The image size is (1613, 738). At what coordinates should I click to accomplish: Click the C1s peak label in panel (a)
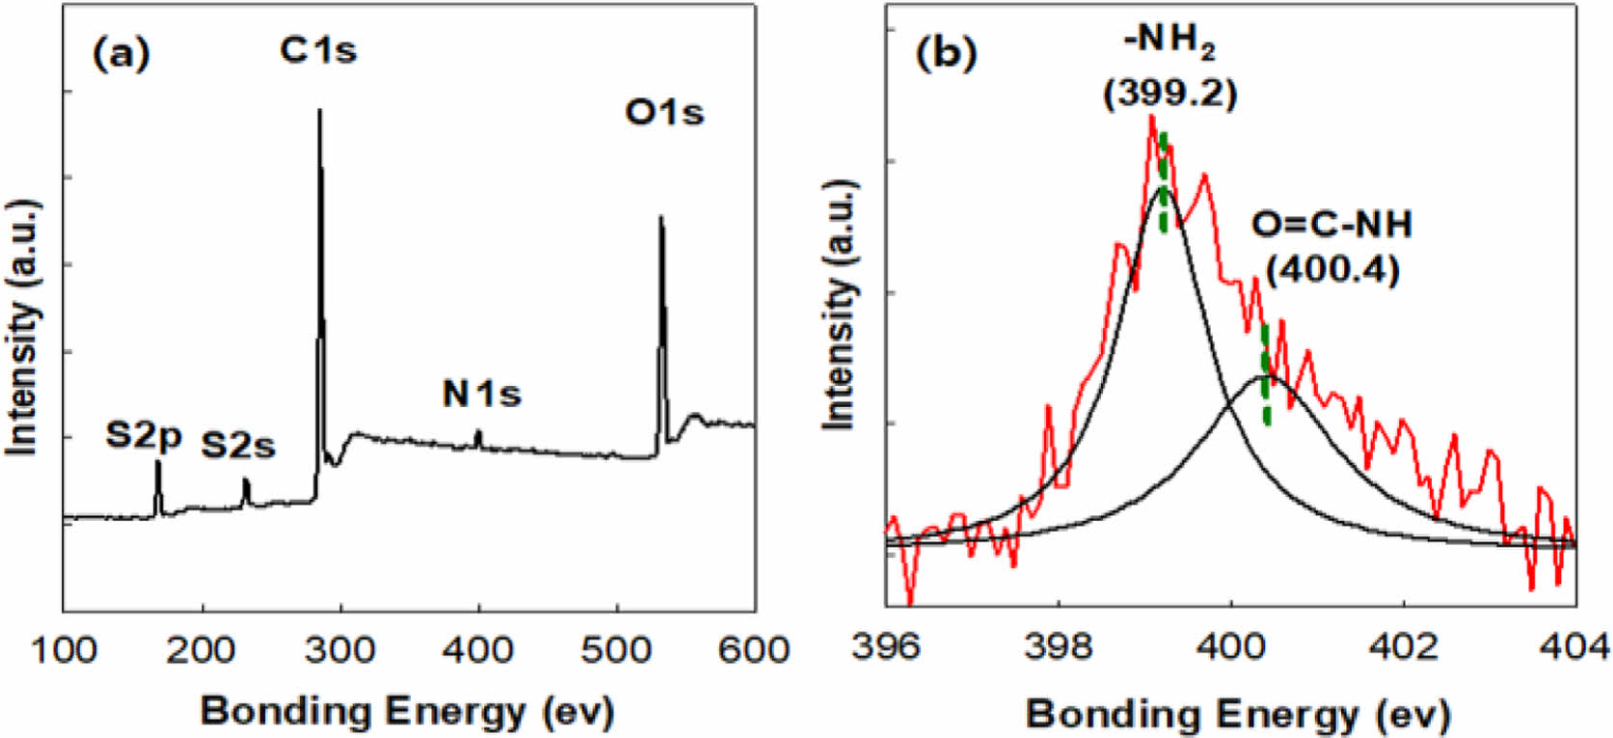click(x=318, y=50)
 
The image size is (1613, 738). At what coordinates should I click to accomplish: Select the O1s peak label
click(x=664, y=113)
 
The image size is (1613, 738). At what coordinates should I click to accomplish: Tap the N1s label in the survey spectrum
click(x=481, y=394)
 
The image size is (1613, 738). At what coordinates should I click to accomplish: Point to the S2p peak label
click(x=144, y=436)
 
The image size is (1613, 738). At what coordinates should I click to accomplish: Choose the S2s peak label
click(x=237, y=446)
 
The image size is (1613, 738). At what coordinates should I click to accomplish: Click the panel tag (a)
click(x=121, y=54)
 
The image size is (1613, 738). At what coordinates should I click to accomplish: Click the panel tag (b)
click(x=946, y=54)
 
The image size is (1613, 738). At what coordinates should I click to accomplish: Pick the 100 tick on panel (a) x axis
click(x=64, y=650)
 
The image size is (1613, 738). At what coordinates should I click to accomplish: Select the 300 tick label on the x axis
click(x=340, y=650)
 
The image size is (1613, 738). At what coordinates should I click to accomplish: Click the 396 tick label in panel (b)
click(x=886, y=645)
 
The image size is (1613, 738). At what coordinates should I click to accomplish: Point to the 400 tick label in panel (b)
click(x=1231, y=645)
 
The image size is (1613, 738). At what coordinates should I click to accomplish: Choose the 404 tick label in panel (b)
click(x=1576, y=645)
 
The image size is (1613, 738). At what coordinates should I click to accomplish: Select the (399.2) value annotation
click(x=1169, y=93)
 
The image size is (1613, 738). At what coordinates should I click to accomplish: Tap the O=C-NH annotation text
click(x=1331, y=225)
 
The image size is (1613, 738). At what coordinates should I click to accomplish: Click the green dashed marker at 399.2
click(x=1164, y=183)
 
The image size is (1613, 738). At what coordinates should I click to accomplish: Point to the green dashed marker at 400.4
click(x=1266, y=376)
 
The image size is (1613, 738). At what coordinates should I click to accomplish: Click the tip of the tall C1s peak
click(x=319, y=111)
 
